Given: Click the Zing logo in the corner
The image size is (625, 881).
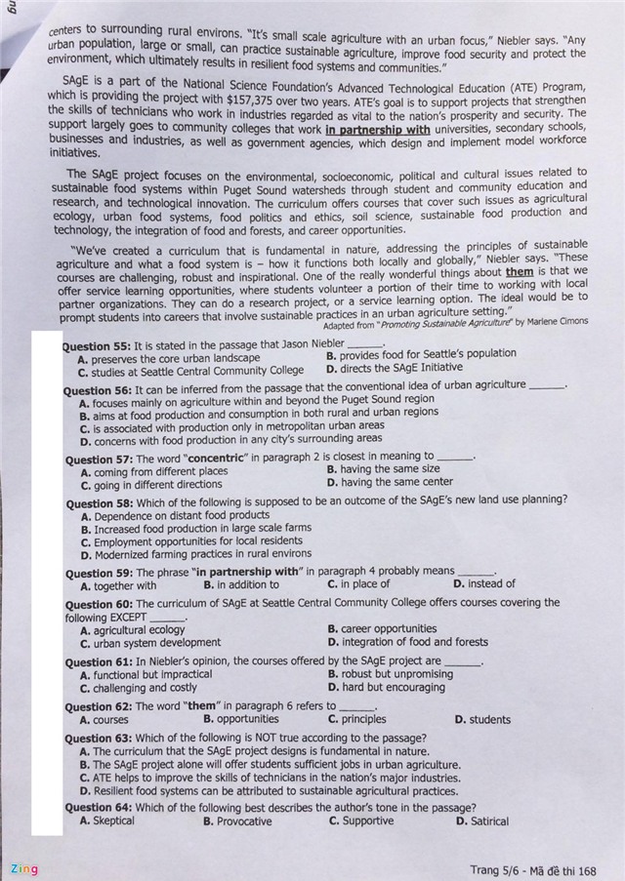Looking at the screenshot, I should click(23, 868).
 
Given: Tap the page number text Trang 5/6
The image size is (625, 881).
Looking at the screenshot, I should click(498, 870).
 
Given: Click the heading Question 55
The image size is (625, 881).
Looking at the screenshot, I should click(96, 345).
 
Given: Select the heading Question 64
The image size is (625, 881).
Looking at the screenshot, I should click(99, 808).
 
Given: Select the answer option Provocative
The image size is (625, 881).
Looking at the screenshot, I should click(237, 821).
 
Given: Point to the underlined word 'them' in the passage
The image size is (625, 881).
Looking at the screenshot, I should click(519, 272).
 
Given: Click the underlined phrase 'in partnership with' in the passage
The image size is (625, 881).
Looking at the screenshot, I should click(378, 129).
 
